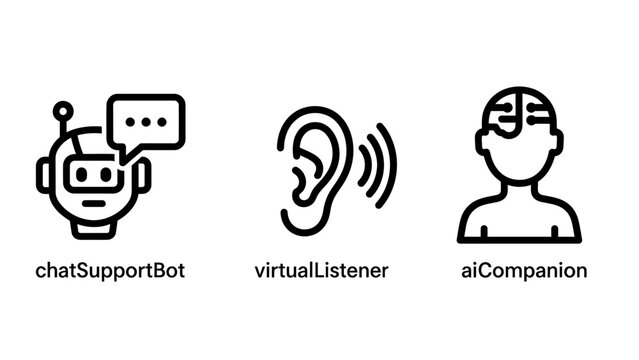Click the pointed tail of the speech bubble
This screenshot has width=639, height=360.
[124, 154]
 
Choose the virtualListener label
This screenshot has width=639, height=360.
[320, 270]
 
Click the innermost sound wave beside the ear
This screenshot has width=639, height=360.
[362, 166]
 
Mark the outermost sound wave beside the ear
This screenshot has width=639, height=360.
[391, 166]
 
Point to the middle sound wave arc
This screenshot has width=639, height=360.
[376, 166]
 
